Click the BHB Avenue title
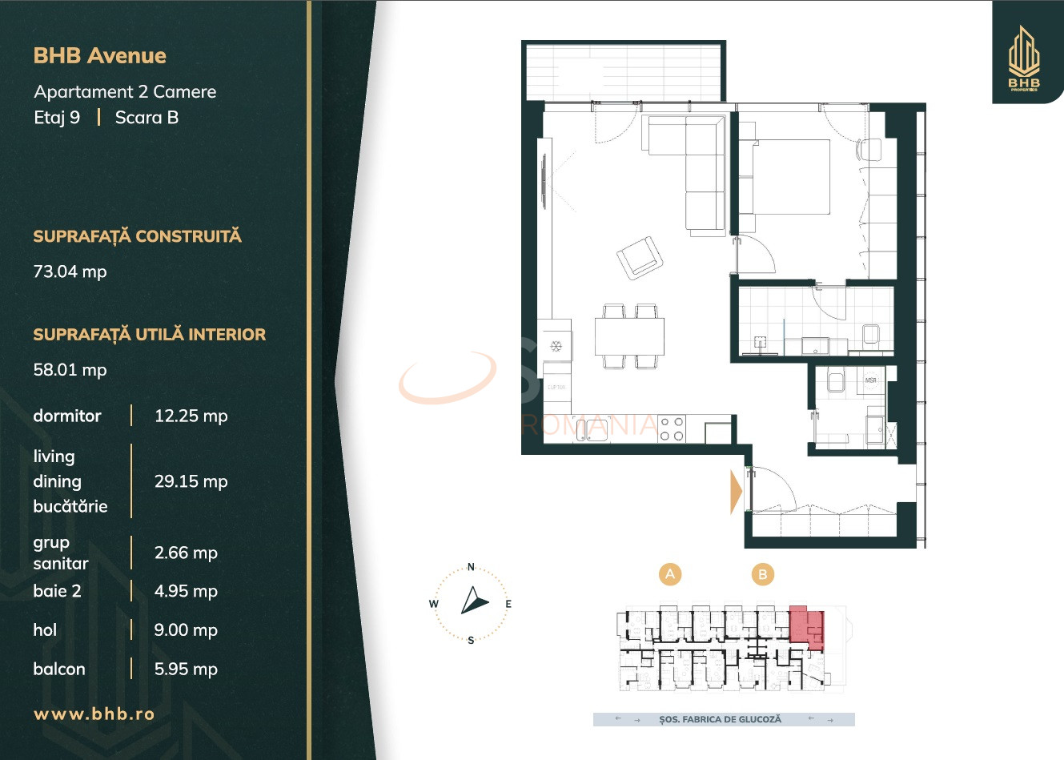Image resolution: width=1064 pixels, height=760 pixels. click(x=100, y=56)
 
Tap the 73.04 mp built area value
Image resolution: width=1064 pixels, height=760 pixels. click(x=70, y=271)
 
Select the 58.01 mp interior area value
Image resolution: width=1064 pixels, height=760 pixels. click(x=70, y=370)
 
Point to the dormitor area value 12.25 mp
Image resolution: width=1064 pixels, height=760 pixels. click(x=191, y=416)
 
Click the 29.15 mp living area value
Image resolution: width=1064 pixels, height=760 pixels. click(x=191, y=481)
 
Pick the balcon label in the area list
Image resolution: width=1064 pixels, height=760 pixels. click(x=59, y=670)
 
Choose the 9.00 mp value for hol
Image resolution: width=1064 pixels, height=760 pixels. click(x=186, y=630)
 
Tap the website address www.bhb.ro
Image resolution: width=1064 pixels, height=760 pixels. click(x=94, y=714)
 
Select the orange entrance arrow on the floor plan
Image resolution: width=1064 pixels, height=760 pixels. click(x=736, y=492)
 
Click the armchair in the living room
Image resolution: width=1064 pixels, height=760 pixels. click(x=640, y=258)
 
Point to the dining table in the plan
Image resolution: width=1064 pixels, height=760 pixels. click(x=629, y=336)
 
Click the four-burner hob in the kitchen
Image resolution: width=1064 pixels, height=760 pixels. click(x=672, y=428)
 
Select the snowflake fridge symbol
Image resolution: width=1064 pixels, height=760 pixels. click(x=555, y=347)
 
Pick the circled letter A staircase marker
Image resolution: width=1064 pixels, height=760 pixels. click(x=670, y=574)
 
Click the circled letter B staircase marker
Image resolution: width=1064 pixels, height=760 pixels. click(x=763, y=574)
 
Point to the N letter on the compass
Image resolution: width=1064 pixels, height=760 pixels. click(x=471, y=567)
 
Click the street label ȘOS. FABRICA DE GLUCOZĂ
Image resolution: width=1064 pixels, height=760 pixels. click(x=720, y=720)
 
